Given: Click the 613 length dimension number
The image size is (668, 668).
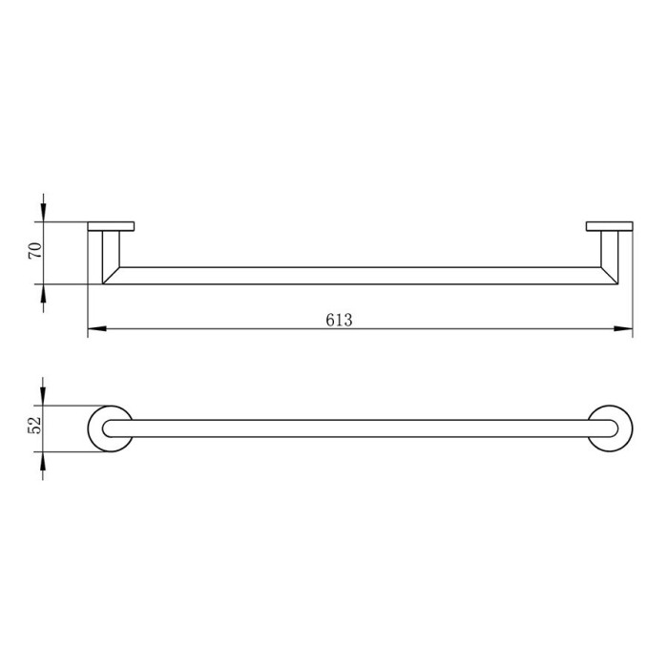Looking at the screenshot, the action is point(339,320).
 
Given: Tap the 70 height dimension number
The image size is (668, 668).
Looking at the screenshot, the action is point(35,250).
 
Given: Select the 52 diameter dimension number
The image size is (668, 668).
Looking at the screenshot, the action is point(35,424).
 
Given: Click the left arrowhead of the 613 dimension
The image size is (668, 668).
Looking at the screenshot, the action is point(96,328).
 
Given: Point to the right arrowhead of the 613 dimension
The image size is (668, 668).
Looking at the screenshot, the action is point(623,328).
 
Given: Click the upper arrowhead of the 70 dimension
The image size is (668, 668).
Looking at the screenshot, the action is point(43,212).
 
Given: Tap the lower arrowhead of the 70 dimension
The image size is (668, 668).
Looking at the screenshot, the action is point(43,293).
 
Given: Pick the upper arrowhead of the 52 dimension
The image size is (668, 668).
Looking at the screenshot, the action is point(43,396).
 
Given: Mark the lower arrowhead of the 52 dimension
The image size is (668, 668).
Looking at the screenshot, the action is point(43,461).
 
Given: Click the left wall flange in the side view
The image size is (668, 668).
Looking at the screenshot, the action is point(112,226).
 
